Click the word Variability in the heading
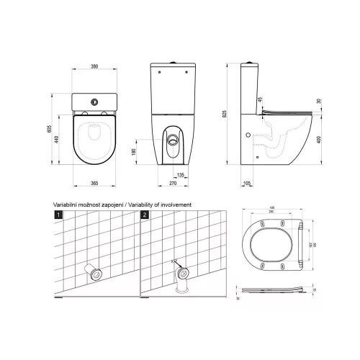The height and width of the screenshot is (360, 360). pyautogui.click(x=145, y=204)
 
